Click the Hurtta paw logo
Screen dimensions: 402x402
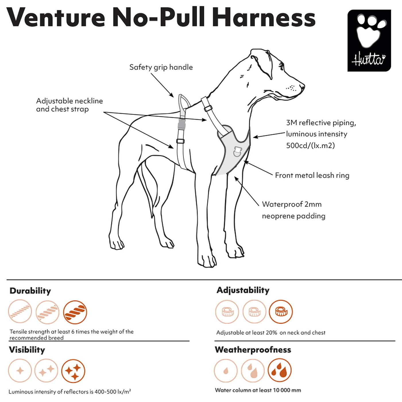pyautogui.click(x=369, y=40)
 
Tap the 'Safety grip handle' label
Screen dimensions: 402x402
pyautogui.click(x=161, y=67)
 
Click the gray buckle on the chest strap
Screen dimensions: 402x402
pyautogui.click(x=181, y=125)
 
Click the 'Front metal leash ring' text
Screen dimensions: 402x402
pyautogui.click(x=312, y=175)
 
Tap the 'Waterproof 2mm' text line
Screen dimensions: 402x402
pyautogui.click(x=292, y=204)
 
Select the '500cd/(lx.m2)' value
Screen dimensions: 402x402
pyautogui.click(x=310, y=145)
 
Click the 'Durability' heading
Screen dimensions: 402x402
pyautogui.click(x=30, y=291)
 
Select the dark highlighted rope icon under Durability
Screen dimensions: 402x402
pyautogui.click(x=75, y=312)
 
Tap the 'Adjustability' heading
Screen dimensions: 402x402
pyautogui.click(x=243, y=290)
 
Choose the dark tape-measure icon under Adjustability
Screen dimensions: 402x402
pyautogui.click(x=281, y=312)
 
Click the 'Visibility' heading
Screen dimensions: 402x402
pyautogui.click(x=27, y=350)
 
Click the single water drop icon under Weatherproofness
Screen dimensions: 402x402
pyautogui.click(x=226, y=370)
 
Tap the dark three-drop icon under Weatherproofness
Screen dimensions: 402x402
pyautogui.click(x=280, y=370)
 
